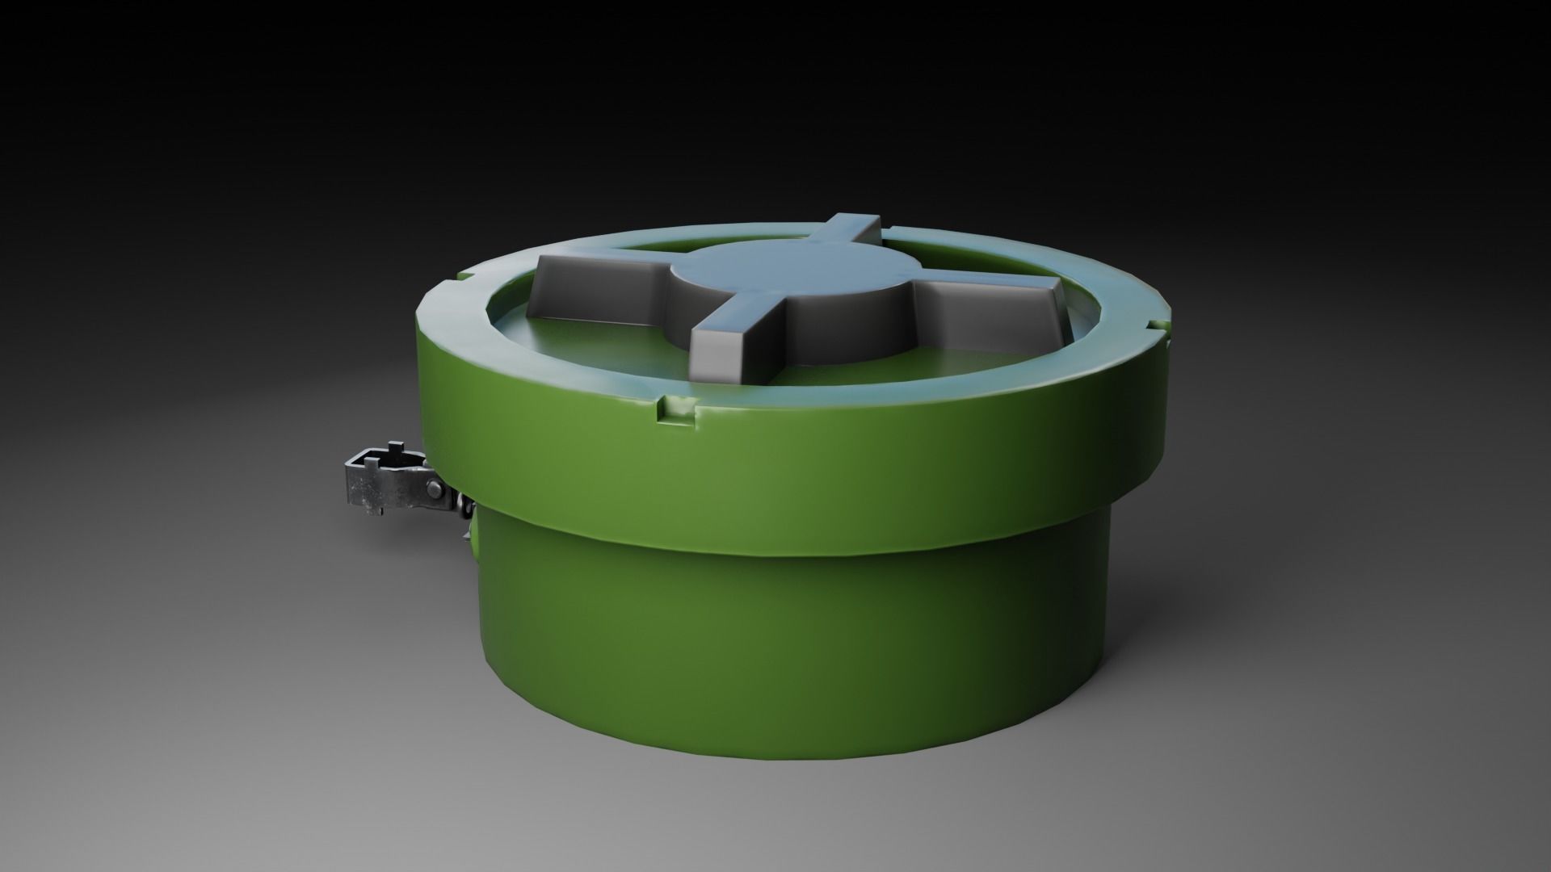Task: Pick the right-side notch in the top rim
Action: click(x=1157, y=326)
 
